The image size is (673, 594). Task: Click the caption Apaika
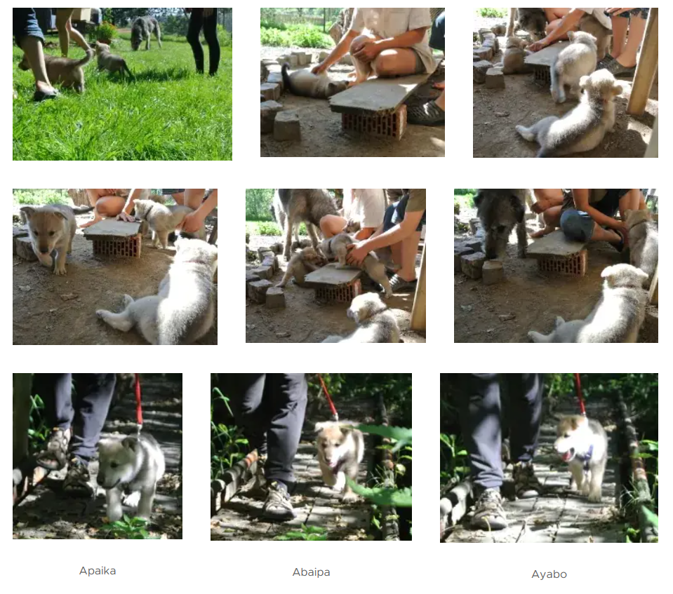point(98,571)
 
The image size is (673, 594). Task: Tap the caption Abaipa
point(311,572)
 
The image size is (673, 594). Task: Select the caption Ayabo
point(549,574)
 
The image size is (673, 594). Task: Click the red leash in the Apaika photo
point(138,401)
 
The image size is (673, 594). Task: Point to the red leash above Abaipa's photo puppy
point(328,397)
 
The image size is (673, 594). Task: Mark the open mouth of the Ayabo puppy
point(568,455)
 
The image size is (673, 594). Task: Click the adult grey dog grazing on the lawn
point(146,32)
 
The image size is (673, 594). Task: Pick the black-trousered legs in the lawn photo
point(205,41)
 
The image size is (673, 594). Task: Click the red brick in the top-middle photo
point(373,122)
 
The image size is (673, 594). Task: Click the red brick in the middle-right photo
point(563,262)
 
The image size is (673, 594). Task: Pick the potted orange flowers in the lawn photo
point(105,32)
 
